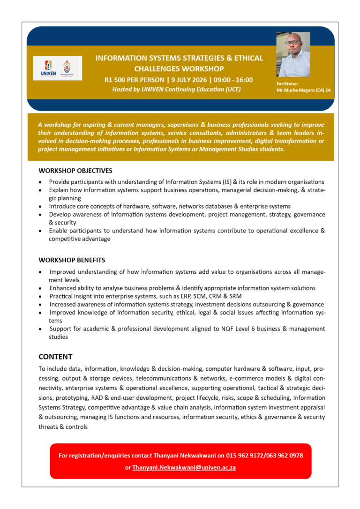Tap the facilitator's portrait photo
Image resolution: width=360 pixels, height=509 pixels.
coord(293,54)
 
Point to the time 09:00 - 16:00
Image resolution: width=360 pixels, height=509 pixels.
coord(234,80)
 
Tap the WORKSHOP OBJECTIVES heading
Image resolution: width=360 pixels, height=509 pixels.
coord(75,171)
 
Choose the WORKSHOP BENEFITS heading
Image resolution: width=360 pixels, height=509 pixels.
coord(72,260)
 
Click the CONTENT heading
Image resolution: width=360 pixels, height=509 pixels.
coord(55,357)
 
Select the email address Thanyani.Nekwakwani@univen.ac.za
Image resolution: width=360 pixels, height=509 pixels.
coord(184,467)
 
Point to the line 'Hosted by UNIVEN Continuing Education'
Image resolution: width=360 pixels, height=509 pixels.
coord(176,89)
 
